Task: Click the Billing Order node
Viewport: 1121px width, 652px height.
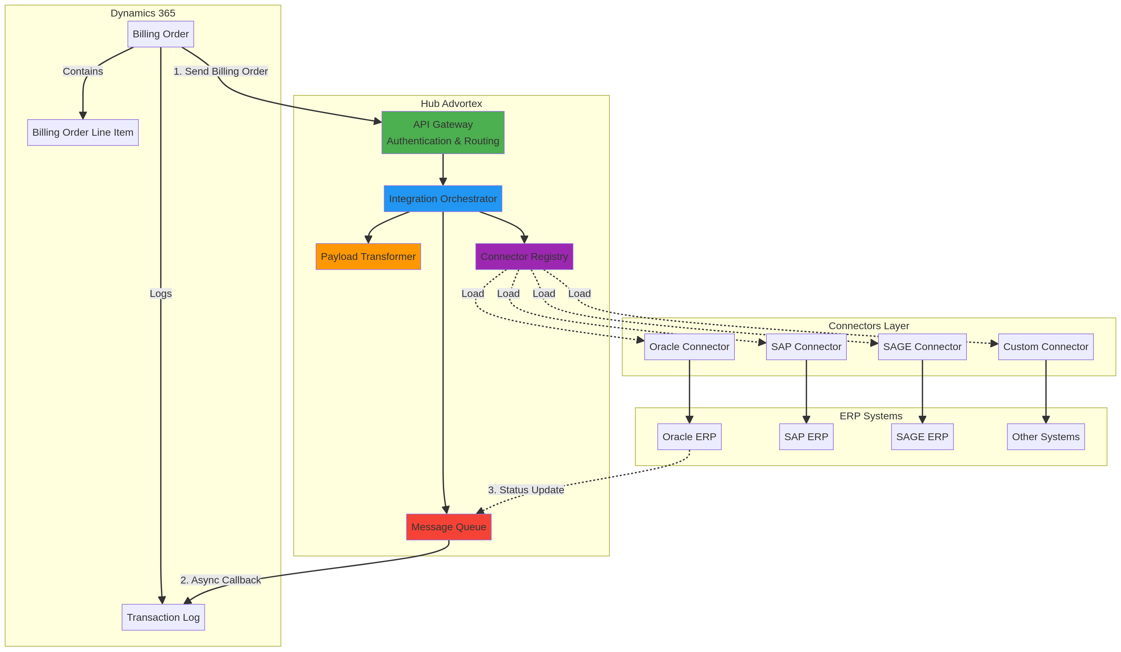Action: click(161, 34)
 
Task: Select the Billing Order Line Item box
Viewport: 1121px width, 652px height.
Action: click(83, 132)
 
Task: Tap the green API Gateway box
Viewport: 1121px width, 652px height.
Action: click(443, 132)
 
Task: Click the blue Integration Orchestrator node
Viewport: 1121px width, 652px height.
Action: click(443, 199)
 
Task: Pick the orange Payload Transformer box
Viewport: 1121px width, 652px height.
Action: click(368, 256)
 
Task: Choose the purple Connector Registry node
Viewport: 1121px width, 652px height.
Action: click(524, 256)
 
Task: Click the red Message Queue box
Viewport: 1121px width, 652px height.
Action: click(448, 527)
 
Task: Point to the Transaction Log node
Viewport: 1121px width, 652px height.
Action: click(163, 617)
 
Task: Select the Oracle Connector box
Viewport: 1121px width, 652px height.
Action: click(689, 347)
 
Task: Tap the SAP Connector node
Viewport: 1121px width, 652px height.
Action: click(806, 347)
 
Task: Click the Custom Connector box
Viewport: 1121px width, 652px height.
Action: click(1046, 347)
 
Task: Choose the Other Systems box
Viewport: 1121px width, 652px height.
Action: click(1046, 437)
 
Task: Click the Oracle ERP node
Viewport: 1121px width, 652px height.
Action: click(689, 437)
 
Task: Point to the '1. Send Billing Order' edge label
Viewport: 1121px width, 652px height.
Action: click(221, 71)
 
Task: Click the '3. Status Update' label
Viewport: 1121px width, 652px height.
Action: click(526, 490)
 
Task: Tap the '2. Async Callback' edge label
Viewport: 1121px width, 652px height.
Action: click(221, 579)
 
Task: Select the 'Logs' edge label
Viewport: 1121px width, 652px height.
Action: click(161, 293)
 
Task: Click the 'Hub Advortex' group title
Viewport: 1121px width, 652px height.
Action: click(451, 103)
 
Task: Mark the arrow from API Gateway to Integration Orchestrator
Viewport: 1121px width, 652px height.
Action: click(443, 170)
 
